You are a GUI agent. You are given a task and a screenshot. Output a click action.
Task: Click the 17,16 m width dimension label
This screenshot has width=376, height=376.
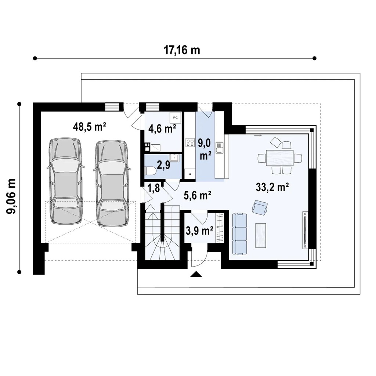point(182,50)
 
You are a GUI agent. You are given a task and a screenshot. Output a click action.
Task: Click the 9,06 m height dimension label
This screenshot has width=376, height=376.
point(11,196)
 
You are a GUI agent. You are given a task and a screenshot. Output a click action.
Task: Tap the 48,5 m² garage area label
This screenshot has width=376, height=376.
point(90,127)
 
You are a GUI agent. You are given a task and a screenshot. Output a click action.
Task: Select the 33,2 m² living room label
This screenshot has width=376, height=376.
point(272,187)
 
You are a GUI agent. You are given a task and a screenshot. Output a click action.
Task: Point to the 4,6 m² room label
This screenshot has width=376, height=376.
point(162,129)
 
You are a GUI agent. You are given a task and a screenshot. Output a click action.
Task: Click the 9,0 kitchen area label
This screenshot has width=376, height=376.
point(205,149)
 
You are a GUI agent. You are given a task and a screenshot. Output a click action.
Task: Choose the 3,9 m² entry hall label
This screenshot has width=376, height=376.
point(199,231)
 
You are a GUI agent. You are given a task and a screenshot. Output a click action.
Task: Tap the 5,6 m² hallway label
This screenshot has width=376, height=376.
point(197,195)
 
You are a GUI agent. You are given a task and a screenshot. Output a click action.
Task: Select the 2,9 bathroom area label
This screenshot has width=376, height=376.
point(163,165)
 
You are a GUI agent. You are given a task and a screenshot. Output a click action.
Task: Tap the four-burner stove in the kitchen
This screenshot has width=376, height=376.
point(191,142)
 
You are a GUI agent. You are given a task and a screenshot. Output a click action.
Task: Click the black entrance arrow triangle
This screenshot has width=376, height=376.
point(196,274)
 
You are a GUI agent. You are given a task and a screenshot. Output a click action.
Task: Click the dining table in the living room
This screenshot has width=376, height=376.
point(279,158)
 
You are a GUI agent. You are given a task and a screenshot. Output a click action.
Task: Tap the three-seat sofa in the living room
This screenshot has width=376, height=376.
point(239,234)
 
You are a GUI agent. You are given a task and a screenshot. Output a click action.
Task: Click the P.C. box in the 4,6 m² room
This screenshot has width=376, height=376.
point(175,117)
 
